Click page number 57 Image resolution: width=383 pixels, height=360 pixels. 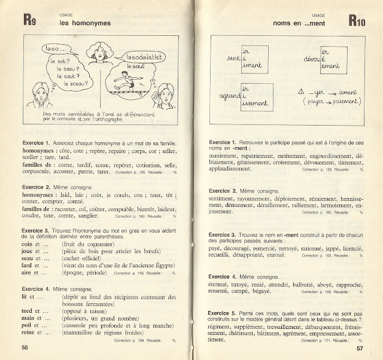(x=360, y=347)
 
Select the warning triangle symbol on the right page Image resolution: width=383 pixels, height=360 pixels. (x=300, y=93)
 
